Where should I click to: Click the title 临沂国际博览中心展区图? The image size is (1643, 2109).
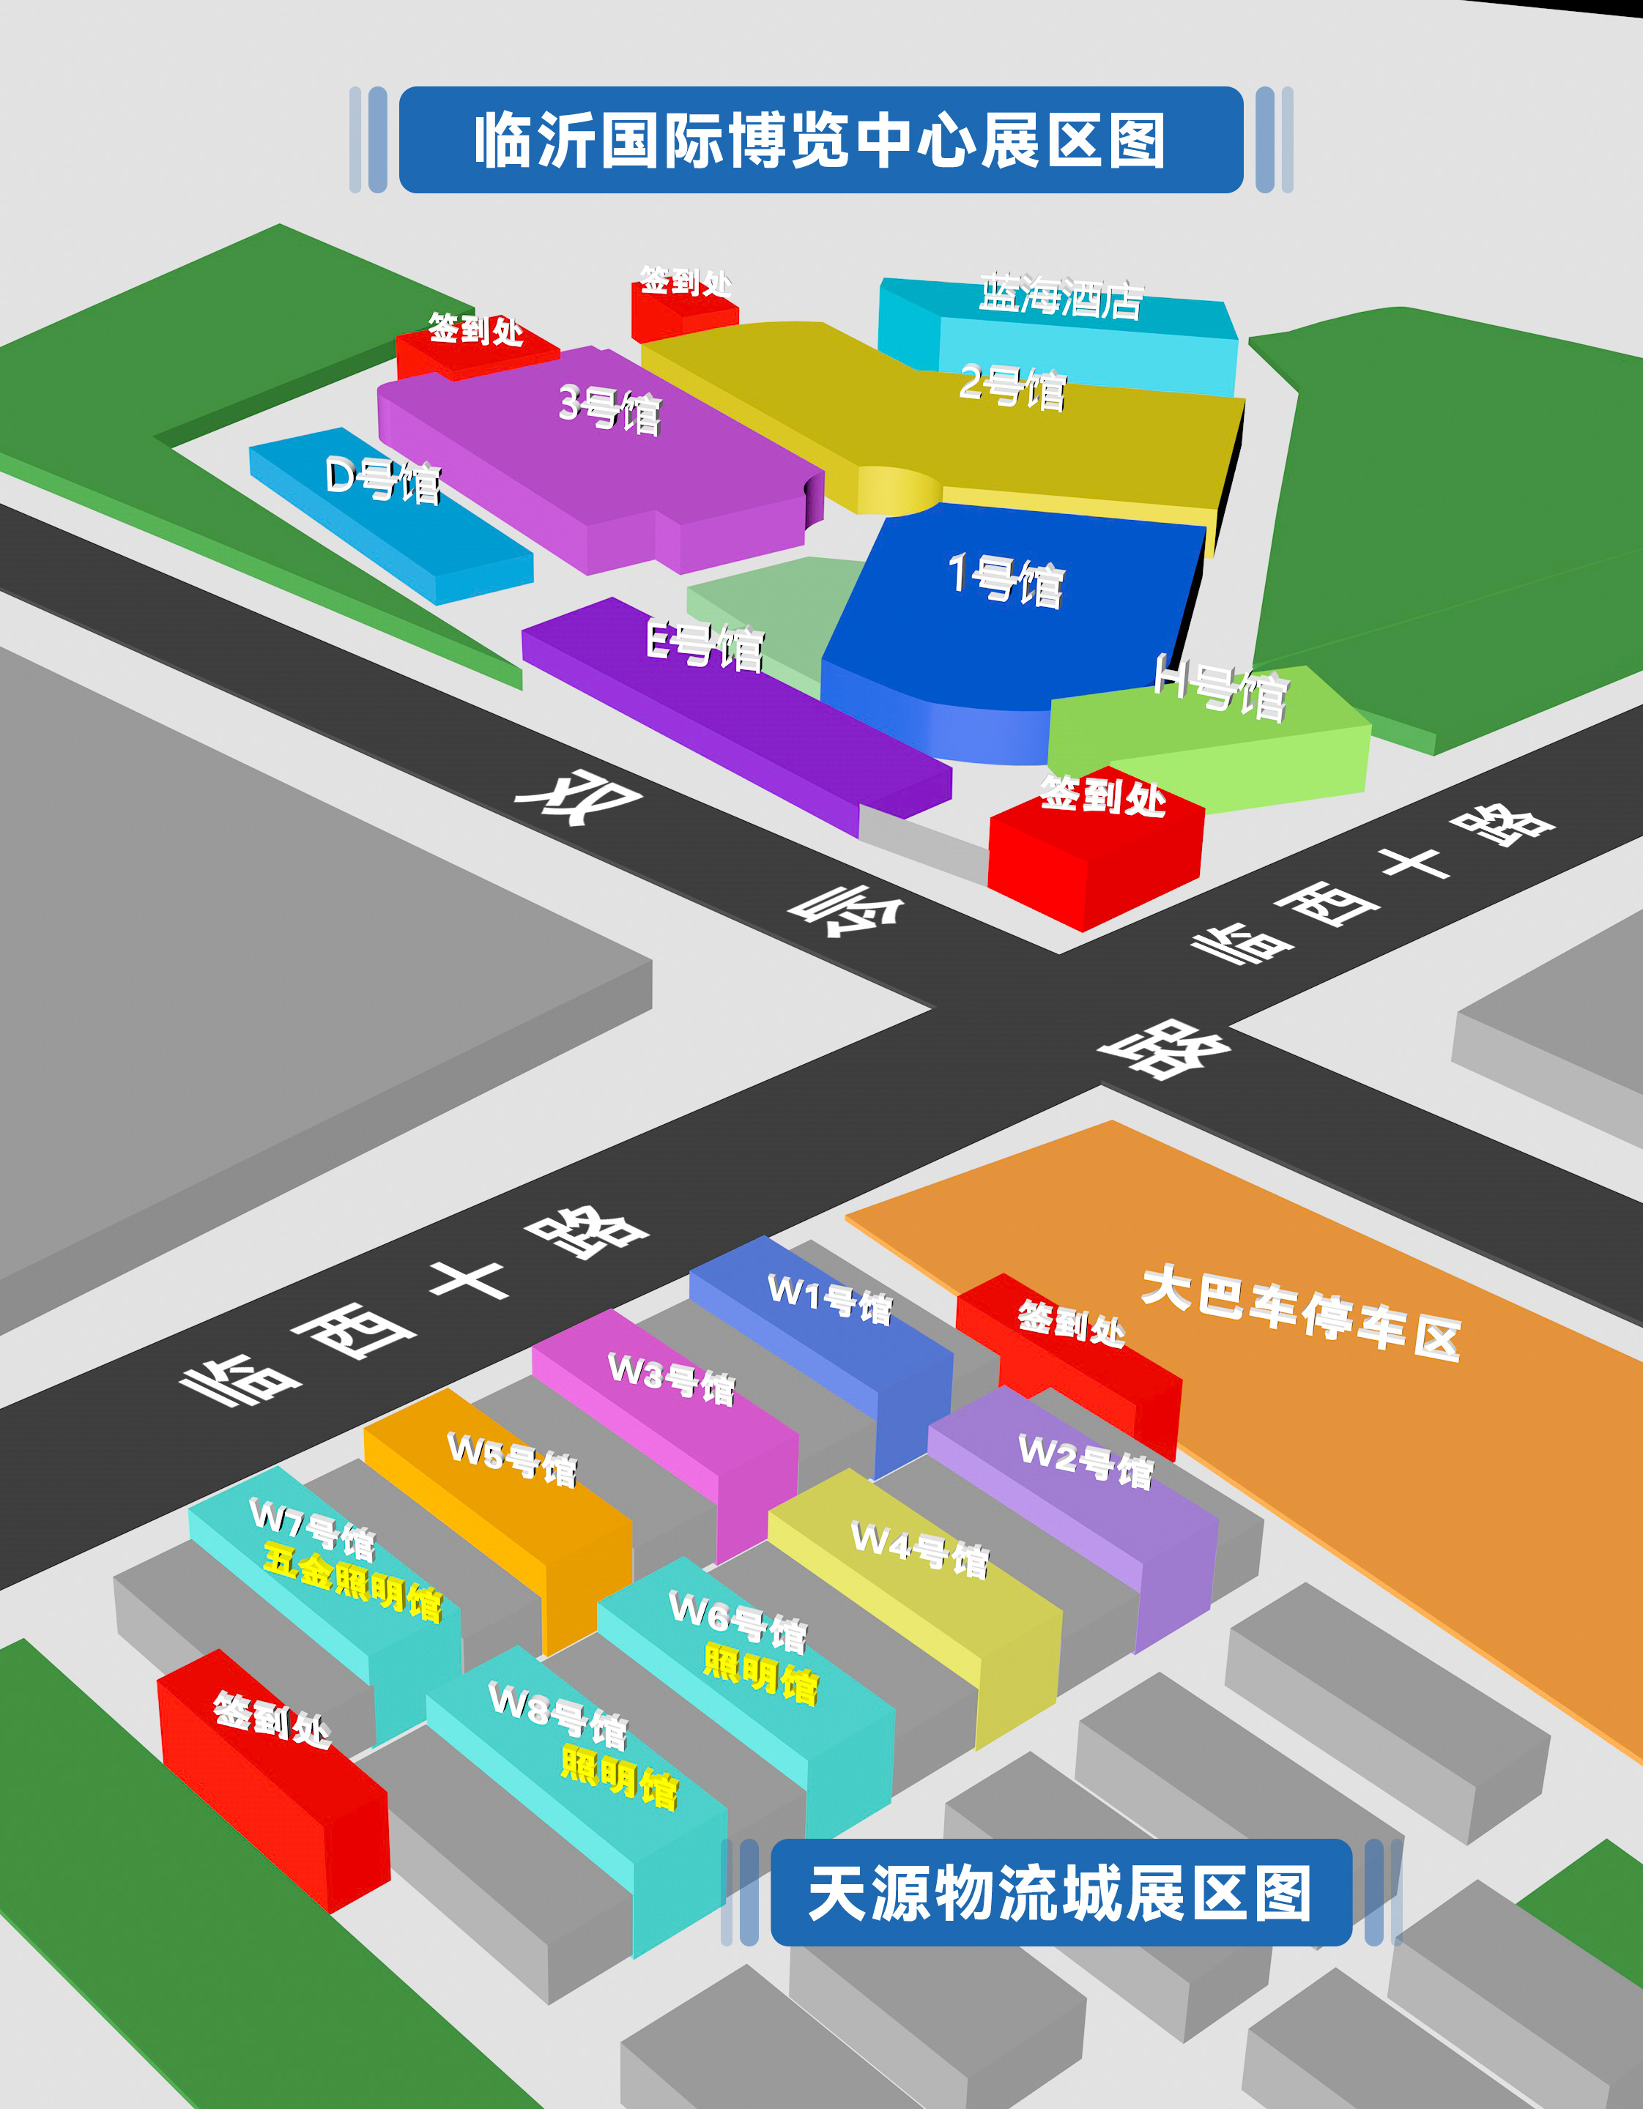coord(820,140)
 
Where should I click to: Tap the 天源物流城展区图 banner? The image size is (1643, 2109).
coord(1060,1894)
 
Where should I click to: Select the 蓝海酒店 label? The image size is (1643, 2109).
coord(1061,297)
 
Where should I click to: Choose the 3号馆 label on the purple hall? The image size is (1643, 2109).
coord(610,409)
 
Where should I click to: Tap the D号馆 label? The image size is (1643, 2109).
coord(383,479)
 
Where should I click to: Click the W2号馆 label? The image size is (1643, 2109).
coord(1086,1461)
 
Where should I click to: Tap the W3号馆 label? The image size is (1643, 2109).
coord(671,1379)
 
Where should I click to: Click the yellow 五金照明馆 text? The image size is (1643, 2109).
coord(352,1582)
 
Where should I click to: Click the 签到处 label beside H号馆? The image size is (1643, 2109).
coord(1102,797)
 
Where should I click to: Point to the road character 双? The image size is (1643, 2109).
coord(579,797)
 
